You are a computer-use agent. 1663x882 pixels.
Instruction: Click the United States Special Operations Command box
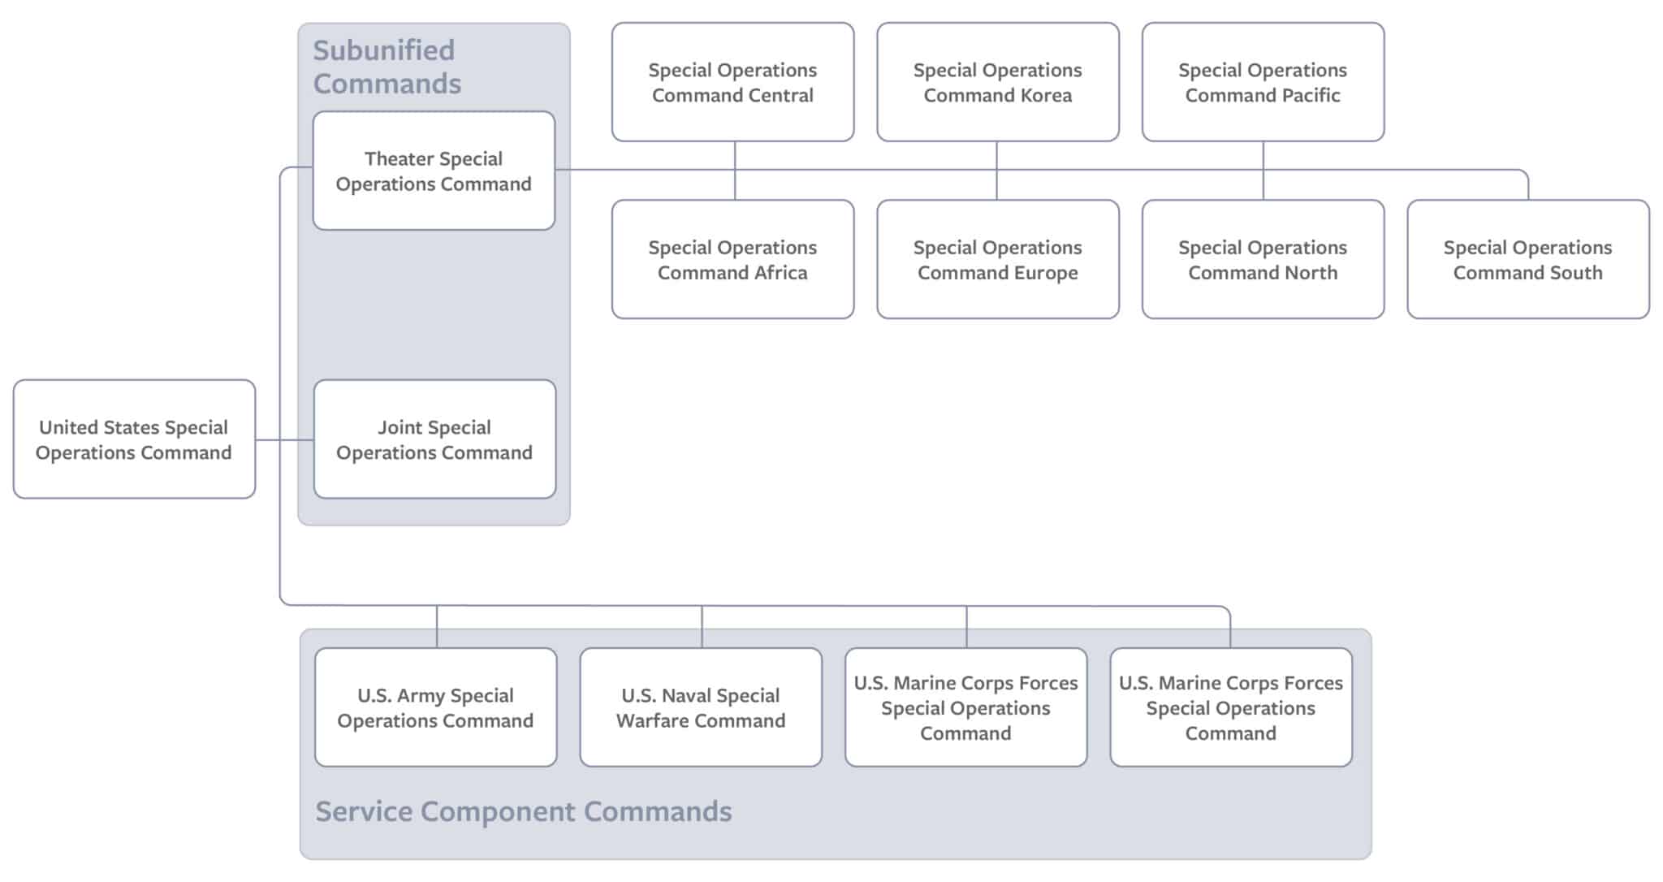[134, 439]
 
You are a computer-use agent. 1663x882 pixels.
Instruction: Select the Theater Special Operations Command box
[434, 171]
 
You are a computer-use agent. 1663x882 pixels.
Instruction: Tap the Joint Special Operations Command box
[434, 439]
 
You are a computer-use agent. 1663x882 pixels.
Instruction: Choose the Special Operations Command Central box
[732, 82]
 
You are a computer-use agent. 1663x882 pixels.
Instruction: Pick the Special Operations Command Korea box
[997, 82]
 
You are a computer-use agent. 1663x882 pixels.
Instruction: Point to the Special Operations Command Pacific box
[1263, 82]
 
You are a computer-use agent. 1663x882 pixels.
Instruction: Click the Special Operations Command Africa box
[732, 259]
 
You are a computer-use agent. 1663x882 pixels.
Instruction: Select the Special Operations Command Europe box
[997, 259]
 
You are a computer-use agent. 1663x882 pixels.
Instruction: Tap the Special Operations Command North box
[1263, 259]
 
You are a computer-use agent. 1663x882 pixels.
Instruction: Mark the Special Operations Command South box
[1527, 259]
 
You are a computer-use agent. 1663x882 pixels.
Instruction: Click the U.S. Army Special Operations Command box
[435, 707]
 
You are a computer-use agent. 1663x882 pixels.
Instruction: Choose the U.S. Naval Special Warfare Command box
[701, 707]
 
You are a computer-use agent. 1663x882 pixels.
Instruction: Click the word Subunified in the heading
[384, 50]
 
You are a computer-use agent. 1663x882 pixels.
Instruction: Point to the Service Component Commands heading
[524, 811]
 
